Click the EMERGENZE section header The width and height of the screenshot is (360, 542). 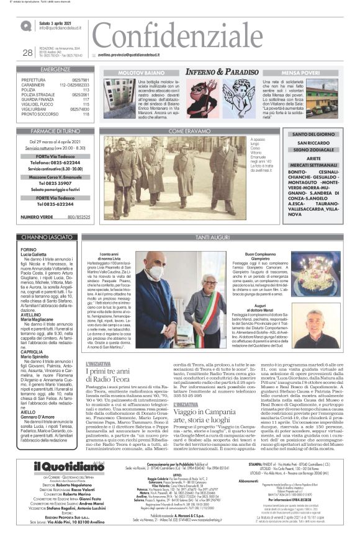point(55,70)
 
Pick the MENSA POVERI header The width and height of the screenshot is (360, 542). point(300,72)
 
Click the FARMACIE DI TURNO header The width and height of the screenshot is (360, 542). point(55,131)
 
